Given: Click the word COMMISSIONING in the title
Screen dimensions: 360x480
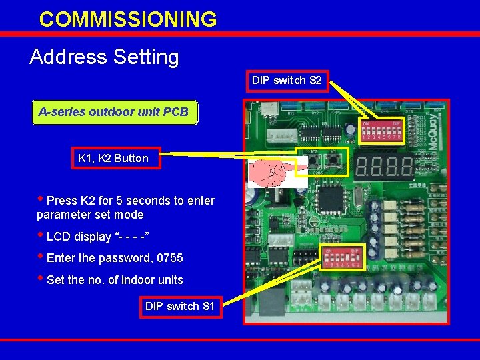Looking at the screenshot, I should [128, 19].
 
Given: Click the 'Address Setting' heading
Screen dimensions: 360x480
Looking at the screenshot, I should [104, 57].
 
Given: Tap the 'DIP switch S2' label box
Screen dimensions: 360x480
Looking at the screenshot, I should [287, 81].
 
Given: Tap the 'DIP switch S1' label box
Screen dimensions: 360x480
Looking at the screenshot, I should [180, 307].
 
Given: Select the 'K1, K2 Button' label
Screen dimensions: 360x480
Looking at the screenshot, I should [113, 158].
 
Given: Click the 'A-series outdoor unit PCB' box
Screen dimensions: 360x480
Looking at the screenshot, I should [113, 112].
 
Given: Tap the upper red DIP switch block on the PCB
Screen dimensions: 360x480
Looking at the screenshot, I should [381, 131].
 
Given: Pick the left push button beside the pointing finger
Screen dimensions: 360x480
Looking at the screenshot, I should [313, 162].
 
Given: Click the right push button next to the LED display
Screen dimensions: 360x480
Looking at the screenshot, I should [331, 162].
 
